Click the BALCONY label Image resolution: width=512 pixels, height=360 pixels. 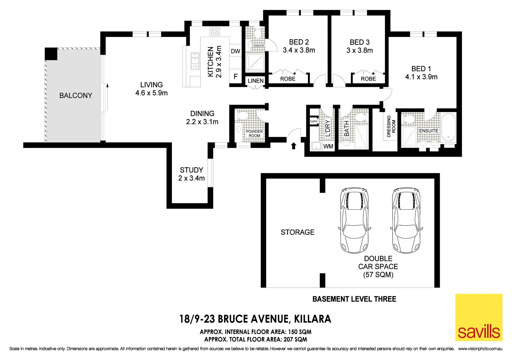[x=76, y=96]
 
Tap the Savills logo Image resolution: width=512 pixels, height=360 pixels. [x=479, y=317]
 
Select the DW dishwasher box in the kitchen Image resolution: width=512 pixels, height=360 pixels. [x=235, y=51]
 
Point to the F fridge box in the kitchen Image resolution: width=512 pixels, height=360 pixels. [x=235, y=77]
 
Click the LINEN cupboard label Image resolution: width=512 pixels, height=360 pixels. [x=255, y=81]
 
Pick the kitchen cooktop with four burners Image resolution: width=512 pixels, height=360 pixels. [x=215, y=32]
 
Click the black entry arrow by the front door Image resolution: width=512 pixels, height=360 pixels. [x=294, y=146]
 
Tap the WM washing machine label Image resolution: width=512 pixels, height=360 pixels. [x=328, y=146]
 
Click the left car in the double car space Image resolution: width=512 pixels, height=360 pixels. [x=354, y=220]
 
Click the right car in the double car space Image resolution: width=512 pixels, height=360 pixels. [x=406, y=220]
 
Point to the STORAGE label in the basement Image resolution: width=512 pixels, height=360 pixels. [x=298, y=232]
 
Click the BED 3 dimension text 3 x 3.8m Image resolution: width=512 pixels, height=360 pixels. [x=360, y=51]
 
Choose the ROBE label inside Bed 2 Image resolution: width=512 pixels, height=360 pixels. [x=288, y=79]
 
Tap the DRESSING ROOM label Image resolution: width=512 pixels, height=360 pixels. [x=391, y=126]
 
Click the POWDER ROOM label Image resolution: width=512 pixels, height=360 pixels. [x=254, y=134]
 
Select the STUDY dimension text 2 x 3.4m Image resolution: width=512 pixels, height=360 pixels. [x=191, y=178]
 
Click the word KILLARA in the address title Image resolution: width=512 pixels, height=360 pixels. [x=313, y=319]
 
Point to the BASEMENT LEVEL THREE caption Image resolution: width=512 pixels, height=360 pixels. [x=354, y=299]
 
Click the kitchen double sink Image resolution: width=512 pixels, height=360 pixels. [x=195, y=60]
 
